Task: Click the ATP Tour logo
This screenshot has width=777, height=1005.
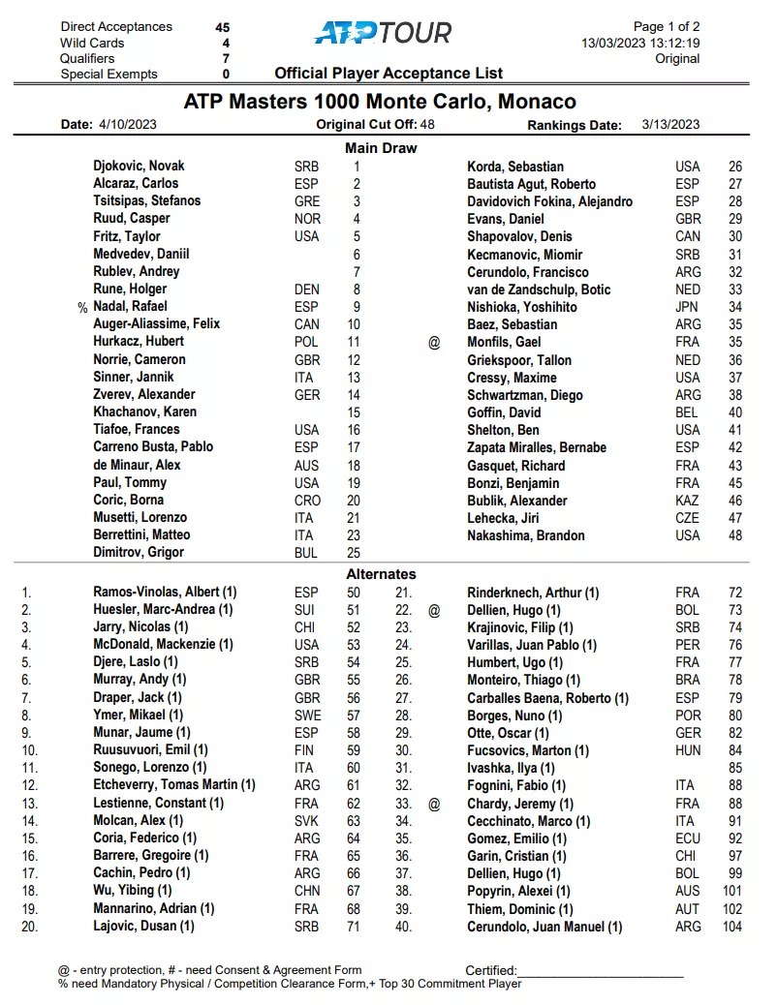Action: coord(383,33)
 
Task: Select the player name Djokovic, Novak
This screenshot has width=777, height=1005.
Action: coord(139,166)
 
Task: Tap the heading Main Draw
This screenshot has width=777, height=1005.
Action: coord(381,148)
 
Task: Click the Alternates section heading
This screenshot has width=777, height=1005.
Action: coord(381,574)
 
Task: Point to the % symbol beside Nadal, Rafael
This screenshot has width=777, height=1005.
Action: coord(82,307)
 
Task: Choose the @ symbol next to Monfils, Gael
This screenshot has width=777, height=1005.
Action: coord(434,342)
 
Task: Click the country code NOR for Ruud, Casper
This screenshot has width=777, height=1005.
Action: coord(307,219)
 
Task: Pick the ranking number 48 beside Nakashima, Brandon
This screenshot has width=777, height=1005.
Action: coord(735,535)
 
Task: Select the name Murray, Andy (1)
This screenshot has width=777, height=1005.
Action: coord(139,680)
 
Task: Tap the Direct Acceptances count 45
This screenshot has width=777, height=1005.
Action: coord(223,27)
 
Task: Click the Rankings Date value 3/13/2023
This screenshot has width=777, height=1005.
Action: coord(670,125)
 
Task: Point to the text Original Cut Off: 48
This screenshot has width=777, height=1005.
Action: coord(375,125)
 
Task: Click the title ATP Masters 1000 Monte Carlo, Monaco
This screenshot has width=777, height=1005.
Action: coord(380,102)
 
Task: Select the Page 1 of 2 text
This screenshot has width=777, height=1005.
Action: coord(667,27)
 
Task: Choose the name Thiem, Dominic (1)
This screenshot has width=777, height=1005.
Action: coord(520,909)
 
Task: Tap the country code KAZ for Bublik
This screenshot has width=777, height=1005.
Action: coord(688,501)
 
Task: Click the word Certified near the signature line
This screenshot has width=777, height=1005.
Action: coord(491,970)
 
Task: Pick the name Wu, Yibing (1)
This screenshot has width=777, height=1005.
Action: coord(133,891)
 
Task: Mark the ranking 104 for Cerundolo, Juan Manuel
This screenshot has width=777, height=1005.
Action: coord(731,927)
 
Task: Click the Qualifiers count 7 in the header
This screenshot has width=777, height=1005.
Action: coord(225,58)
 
